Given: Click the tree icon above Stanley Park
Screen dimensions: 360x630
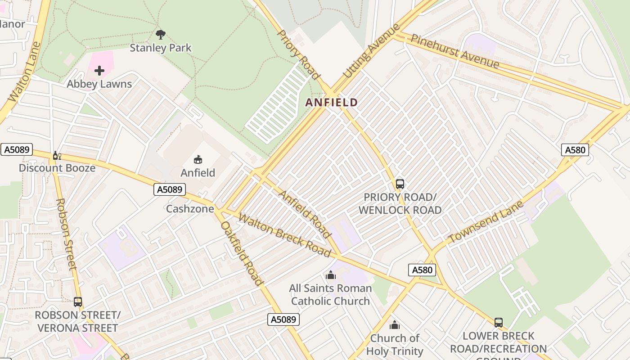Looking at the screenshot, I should pos(160,34).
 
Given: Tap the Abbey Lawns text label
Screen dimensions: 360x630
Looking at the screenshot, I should pos(99,84).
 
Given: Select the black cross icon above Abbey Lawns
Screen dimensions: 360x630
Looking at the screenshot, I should pos(99,71).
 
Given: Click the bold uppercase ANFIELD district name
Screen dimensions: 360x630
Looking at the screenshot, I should pos(332,103).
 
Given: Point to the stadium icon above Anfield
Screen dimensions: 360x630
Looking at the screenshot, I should pos(198,159).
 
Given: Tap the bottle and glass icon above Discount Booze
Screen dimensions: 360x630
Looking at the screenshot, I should pos(57,156).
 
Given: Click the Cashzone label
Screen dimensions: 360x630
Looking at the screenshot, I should pos(190,209).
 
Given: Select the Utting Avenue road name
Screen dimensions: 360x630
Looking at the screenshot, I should pos(371,50).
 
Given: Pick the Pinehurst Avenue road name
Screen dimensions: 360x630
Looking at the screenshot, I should pos(455,51).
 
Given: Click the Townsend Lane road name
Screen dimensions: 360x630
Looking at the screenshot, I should pos(486,222).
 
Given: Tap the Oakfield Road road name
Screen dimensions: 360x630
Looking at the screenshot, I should pos(241,253).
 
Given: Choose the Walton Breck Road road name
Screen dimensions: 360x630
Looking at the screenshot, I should pos(285,236).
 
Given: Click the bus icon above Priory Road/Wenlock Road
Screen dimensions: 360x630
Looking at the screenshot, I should pos(400,184).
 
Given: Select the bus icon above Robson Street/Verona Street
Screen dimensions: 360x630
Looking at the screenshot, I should pos(78,302).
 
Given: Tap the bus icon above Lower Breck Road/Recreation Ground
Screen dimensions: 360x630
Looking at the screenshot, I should pos(498,323).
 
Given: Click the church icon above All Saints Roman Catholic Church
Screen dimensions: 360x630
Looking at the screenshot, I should pos(331,275).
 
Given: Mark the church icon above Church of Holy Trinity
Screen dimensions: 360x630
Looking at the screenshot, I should pos(395,325).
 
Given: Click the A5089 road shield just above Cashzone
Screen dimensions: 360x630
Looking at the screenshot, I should pos(170,189).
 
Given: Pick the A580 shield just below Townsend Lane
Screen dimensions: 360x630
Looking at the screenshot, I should pos(422,270).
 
